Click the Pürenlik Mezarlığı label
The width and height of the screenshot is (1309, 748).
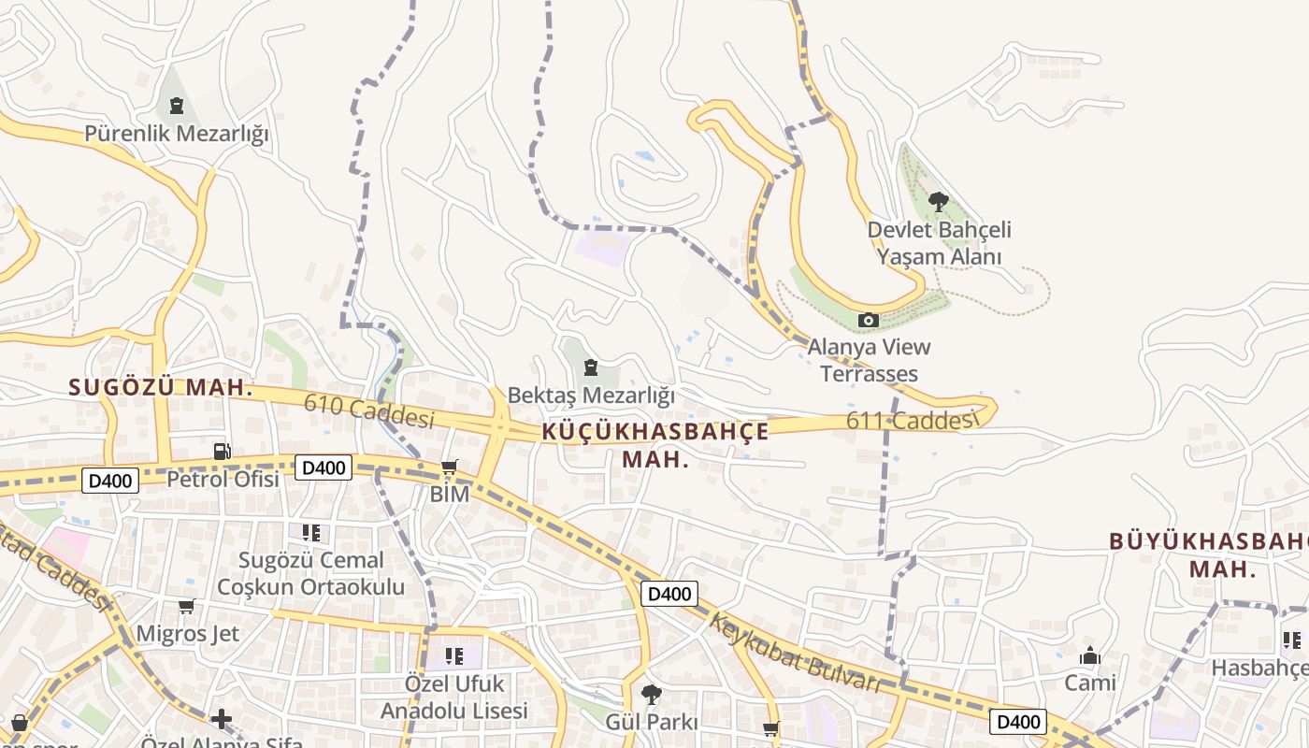click(176, 134)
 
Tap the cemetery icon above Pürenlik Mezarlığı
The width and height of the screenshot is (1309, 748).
click(176, 105)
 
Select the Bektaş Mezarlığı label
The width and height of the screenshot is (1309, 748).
click(591, 396)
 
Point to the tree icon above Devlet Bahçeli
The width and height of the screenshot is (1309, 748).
click(938, 201)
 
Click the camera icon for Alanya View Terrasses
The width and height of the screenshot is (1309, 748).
click(869, 321)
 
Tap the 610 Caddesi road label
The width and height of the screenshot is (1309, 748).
click(368, 411)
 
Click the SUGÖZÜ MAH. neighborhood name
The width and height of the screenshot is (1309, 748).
click(161, 387)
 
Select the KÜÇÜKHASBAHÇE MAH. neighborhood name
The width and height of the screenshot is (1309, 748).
click(655, 445)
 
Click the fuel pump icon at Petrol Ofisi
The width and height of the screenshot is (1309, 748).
click(222, 452)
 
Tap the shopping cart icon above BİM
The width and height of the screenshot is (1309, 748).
click(450, 467)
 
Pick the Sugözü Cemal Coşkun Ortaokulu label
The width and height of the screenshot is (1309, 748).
click(310, 573)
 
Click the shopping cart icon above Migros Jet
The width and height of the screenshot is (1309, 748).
click(186, 607)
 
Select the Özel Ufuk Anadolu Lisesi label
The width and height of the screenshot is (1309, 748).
click(454, 697)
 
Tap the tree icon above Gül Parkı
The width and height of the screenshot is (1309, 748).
click(651, 694)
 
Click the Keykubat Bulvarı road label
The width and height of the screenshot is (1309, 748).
click(795, 653)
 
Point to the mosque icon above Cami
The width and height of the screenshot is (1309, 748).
click(1090, 655)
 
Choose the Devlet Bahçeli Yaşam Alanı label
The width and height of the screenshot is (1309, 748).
click(939, 243)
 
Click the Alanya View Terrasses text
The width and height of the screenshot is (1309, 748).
click(869, 360)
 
